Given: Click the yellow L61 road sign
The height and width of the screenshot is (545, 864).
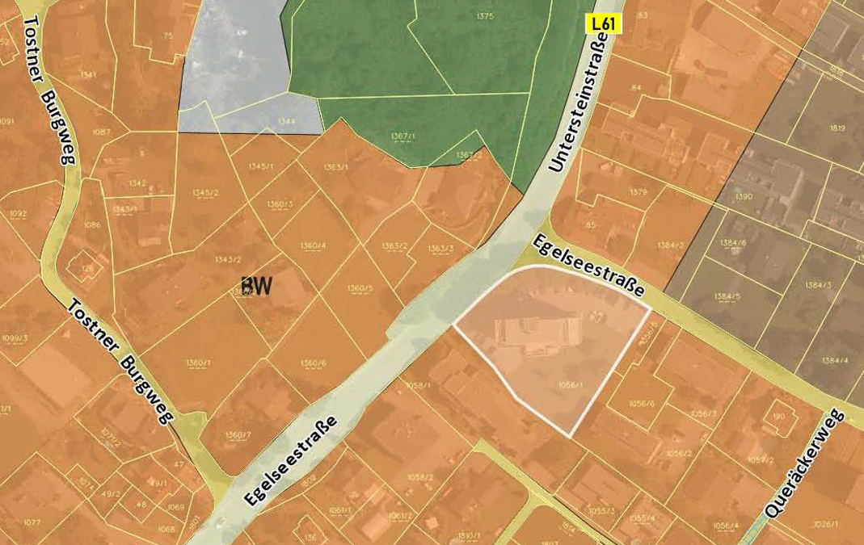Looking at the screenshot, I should tap(604, 23).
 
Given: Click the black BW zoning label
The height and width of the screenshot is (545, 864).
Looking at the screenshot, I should tap(256, 286).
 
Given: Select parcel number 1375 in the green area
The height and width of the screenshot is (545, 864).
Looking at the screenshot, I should tap(485, 16).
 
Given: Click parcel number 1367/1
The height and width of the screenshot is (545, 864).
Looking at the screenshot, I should tap(402, 136).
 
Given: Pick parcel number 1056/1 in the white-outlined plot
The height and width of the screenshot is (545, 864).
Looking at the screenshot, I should tap(570, 386).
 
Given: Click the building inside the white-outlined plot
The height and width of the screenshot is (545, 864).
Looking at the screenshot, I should tap(537, 334).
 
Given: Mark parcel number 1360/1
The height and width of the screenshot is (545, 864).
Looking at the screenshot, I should tap(198, 362).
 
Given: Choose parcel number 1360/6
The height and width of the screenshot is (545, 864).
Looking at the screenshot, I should tap(313, 363).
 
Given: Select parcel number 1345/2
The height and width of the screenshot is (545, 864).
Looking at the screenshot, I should tap(206, 192).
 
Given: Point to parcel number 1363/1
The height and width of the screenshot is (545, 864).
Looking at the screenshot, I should tap(335, 167).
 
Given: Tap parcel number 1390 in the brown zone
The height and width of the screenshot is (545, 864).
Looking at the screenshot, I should tap(743, 196).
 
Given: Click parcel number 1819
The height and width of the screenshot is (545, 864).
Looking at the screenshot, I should tap(837, 128).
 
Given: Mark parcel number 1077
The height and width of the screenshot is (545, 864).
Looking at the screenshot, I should tap(32, 522).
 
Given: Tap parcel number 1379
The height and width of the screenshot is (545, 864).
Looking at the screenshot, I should tap(639, 192).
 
